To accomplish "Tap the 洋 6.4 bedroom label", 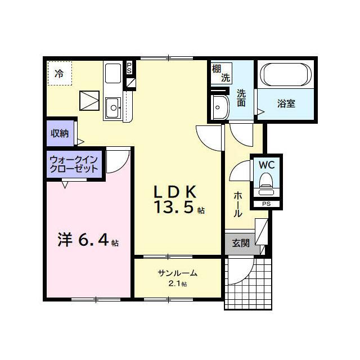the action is pos(88,240).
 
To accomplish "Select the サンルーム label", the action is pos(178,273).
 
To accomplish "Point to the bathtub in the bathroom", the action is pos(286,74).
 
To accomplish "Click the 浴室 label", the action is pos(286,103).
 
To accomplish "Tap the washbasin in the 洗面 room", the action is pos(220,107).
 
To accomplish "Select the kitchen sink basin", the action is pos(114,107).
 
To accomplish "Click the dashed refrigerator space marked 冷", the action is pos(60,73).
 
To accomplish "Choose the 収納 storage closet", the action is pos(60,133).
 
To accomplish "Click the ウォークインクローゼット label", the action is pos(74,164).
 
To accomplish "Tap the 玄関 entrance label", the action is pos(241,243).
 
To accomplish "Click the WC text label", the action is pos(267,165).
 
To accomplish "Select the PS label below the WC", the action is pos(267,204).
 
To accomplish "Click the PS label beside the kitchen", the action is pos(129,68).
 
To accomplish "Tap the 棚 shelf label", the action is pos(217,69).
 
